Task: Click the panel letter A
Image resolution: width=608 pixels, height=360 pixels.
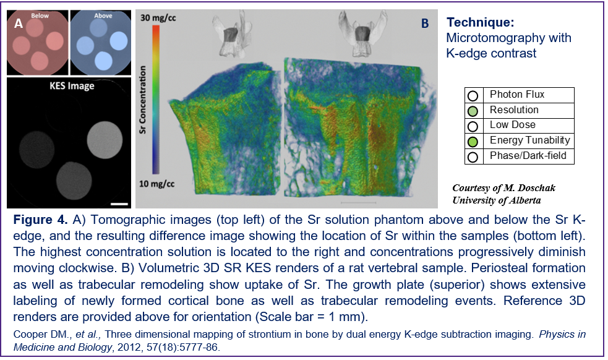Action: [18, 24]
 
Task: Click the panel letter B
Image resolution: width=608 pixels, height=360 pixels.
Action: [425, 24]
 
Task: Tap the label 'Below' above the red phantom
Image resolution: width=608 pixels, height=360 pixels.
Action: [40, 15]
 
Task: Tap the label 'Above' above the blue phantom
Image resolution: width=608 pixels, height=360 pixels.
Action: [103, 15]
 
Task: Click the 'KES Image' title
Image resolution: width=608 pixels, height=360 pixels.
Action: [72, 86]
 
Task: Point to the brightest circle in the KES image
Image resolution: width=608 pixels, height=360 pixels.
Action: [105, 140]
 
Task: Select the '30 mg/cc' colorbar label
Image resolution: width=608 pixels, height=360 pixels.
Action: [158, 18]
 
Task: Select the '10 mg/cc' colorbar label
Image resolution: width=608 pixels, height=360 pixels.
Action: [157, 184]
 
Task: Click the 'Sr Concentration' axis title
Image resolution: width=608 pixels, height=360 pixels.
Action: [143, 100]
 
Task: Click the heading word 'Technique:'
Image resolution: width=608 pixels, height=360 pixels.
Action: [480, 22]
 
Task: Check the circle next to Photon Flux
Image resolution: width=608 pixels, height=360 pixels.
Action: [473, 96]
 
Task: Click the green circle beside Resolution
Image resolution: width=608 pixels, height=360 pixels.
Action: [473, 111]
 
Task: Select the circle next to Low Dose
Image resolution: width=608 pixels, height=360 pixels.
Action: [473, 126]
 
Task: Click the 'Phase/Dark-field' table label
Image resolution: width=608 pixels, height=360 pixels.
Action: [528, 155]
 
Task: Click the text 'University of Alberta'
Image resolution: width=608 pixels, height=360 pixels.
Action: [496, 200]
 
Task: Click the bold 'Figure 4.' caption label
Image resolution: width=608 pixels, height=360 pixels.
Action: [41, 220]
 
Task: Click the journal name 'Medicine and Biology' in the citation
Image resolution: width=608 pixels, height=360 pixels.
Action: [62, 347]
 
